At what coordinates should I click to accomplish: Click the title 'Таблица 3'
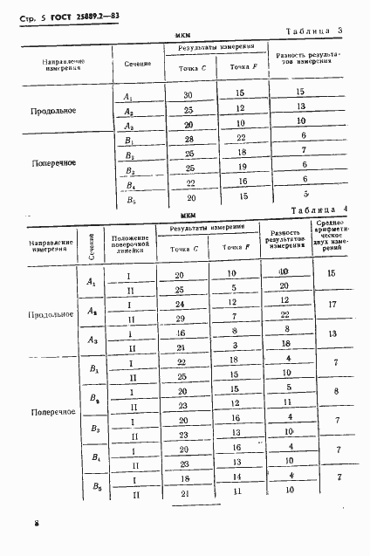pos(318,32)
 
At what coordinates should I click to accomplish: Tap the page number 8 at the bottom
pos(38,522)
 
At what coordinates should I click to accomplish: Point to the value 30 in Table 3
pos(187,94)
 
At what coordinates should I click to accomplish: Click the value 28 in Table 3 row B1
pos(187,141)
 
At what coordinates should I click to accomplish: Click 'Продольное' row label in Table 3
pos(53,111)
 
